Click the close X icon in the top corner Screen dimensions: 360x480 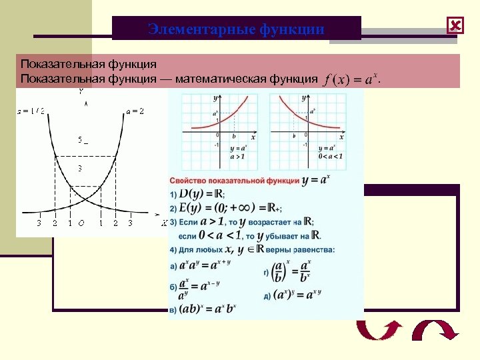pos(455,26)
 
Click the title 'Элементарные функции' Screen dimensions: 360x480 pos(237,29)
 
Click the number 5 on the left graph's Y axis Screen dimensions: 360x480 pos(80,140)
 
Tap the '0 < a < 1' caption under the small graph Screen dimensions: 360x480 pos(330,156)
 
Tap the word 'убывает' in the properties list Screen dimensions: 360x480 pos(272,235)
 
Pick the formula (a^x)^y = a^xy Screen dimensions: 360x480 pos(297,294)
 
